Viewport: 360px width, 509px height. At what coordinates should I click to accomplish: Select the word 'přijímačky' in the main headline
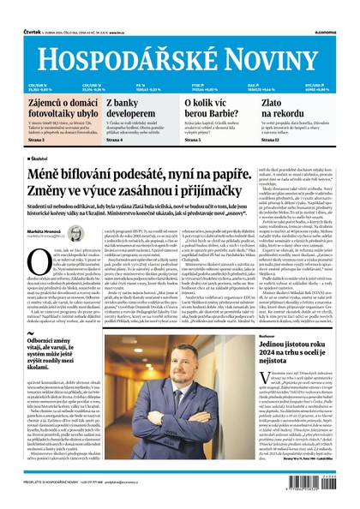point(207,189)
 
